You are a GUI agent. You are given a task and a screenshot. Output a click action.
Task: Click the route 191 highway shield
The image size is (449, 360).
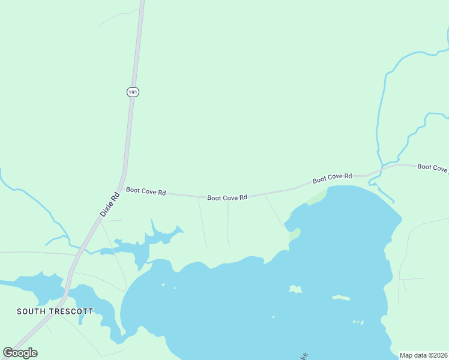(133, 91)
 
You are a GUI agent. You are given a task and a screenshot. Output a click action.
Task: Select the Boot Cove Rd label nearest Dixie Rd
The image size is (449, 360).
(146, 191)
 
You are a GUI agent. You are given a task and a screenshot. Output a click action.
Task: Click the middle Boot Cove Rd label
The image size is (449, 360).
(228, 197)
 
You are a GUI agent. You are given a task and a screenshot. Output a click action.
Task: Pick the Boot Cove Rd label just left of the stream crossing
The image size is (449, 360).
(332, 178)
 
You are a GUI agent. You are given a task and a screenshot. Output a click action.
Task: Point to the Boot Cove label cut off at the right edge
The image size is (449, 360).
(433, 168)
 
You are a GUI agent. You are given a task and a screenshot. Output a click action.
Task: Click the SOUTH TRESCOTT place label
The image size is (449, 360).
(55, 311)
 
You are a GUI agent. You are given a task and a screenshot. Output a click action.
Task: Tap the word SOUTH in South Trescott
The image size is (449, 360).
(31, 311)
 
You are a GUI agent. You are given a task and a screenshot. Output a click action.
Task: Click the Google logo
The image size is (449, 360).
(20, 353)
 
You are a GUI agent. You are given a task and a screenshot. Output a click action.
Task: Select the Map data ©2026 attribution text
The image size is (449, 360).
(424, 355)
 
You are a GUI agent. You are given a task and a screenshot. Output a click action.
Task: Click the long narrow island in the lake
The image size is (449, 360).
(342, 298)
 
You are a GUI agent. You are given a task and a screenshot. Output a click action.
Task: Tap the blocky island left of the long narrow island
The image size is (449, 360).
(295, 289)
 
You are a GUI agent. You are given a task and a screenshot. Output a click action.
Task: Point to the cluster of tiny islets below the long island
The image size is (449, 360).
(358, 322)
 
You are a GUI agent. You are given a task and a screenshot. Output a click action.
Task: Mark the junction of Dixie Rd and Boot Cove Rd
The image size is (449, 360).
(122, 179)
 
